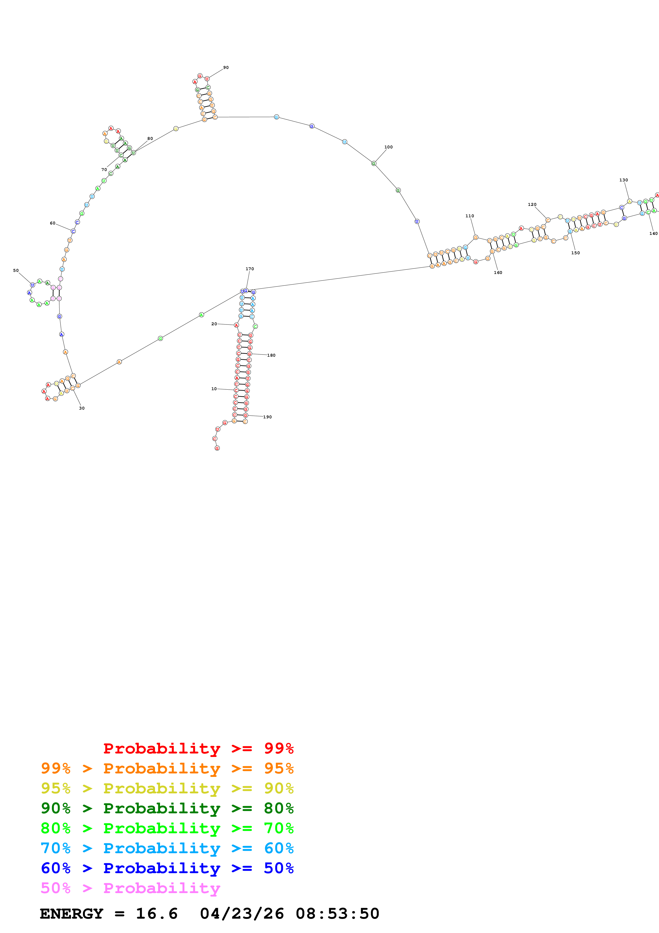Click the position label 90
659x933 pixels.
point(226,68)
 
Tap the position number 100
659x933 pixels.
point(388,147)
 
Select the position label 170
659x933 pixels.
point(250,269)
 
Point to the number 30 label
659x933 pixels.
point(82,408)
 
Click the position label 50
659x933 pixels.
point(16,270)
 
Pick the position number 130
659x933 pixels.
point(623,180)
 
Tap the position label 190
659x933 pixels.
point(267,417)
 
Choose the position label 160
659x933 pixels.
point(498,273)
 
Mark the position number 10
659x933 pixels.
point(214,389)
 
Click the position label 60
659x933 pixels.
point(52,223)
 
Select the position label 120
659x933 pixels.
point(532,205)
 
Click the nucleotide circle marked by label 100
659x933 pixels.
point(373,163)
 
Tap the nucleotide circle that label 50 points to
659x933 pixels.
point(32,285)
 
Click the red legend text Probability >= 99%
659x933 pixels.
point(198,748)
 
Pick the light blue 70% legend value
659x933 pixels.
point(55,848)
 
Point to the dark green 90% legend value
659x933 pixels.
point(55,808)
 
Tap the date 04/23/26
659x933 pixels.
point(242,914)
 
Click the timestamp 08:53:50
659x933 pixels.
point(337,914)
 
